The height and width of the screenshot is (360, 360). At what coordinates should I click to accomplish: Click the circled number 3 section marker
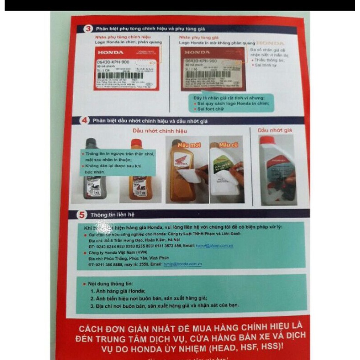(x=89, y=28)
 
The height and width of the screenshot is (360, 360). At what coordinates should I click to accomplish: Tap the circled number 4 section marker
(x=85, y=121)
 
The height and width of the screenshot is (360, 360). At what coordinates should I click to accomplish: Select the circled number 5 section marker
(x=81, y=215)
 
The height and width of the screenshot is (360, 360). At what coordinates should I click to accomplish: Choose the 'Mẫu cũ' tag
(x=227, y=145)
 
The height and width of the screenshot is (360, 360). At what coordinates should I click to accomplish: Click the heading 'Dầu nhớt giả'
(x=275, y=130)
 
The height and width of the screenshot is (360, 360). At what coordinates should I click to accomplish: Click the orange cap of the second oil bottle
(x=136, y=143)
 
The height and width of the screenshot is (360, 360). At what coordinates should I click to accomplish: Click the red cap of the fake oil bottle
(x=267, y=140)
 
